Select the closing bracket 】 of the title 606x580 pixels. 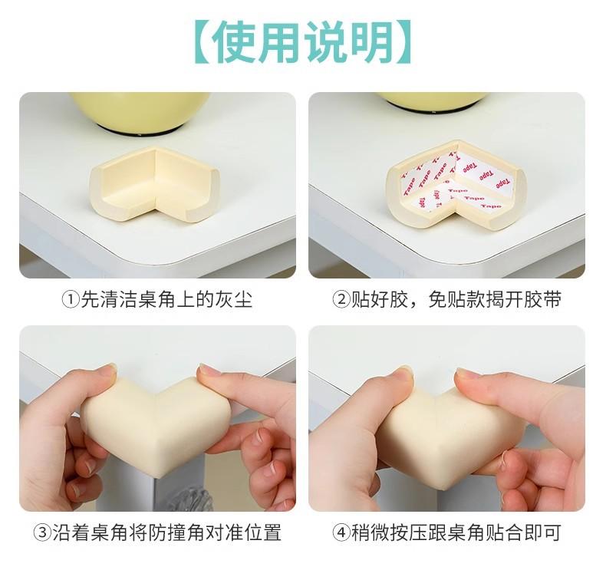click(x=403, y=42)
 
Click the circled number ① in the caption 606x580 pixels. click(x=71, y=300)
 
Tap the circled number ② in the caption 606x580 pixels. click(x=341, y=300)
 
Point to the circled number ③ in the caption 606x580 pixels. click(x=42, y=533)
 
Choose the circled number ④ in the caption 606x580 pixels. click(x=341, y=533)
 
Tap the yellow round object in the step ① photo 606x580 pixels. click(x=140, y=112)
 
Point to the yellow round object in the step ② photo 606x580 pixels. click(x=432, y=101)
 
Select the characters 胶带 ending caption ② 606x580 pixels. click(x=542, y=300)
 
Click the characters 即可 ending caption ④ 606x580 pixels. click(x=542, y=533)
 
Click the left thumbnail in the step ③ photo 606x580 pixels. click(x=110, y=367)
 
